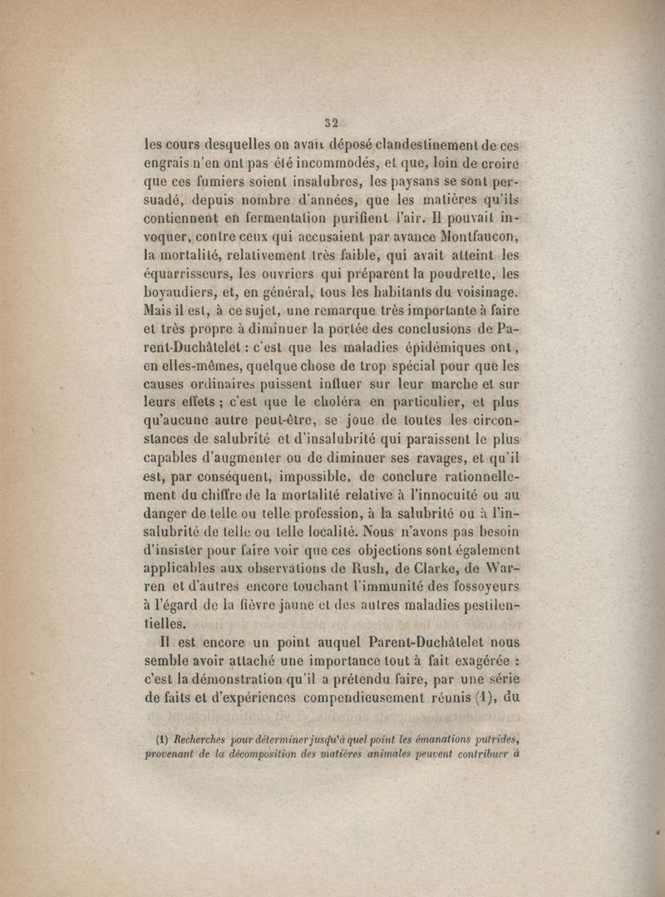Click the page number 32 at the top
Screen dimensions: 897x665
click(x=334, y=118)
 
